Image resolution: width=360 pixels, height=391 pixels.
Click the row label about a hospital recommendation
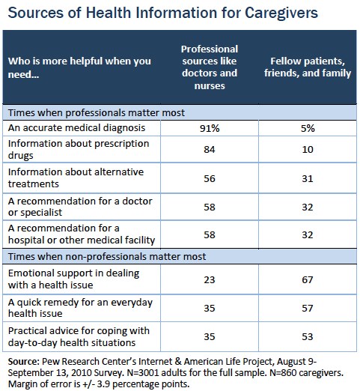(82, 234)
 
